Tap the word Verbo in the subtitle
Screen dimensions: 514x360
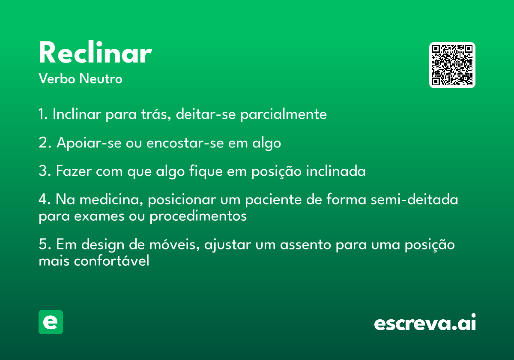(x=57, y=78)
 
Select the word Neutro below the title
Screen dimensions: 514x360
(x=101, y=78)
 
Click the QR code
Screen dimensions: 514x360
(x=452, y=65)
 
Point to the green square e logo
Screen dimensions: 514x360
(x=51, y=322)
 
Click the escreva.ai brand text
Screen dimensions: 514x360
(x=425, y=322)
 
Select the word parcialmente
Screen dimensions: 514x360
(x=284, y=114)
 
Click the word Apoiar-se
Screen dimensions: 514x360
(x=89, y=143)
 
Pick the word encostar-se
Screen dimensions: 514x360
(x=185, y=143)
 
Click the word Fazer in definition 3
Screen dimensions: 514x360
(x=74, y=171)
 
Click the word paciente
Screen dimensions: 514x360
(x=274, y=199)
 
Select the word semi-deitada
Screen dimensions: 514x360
(x=415, y=199)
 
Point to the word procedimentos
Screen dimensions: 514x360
(x=198, y=216)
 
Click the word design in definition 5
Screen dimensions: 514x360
(x=103, y=244)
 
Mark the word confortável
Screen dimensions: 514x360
(x=111, y=261)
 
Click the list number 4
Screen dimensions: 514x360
(x=45, y=199)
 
